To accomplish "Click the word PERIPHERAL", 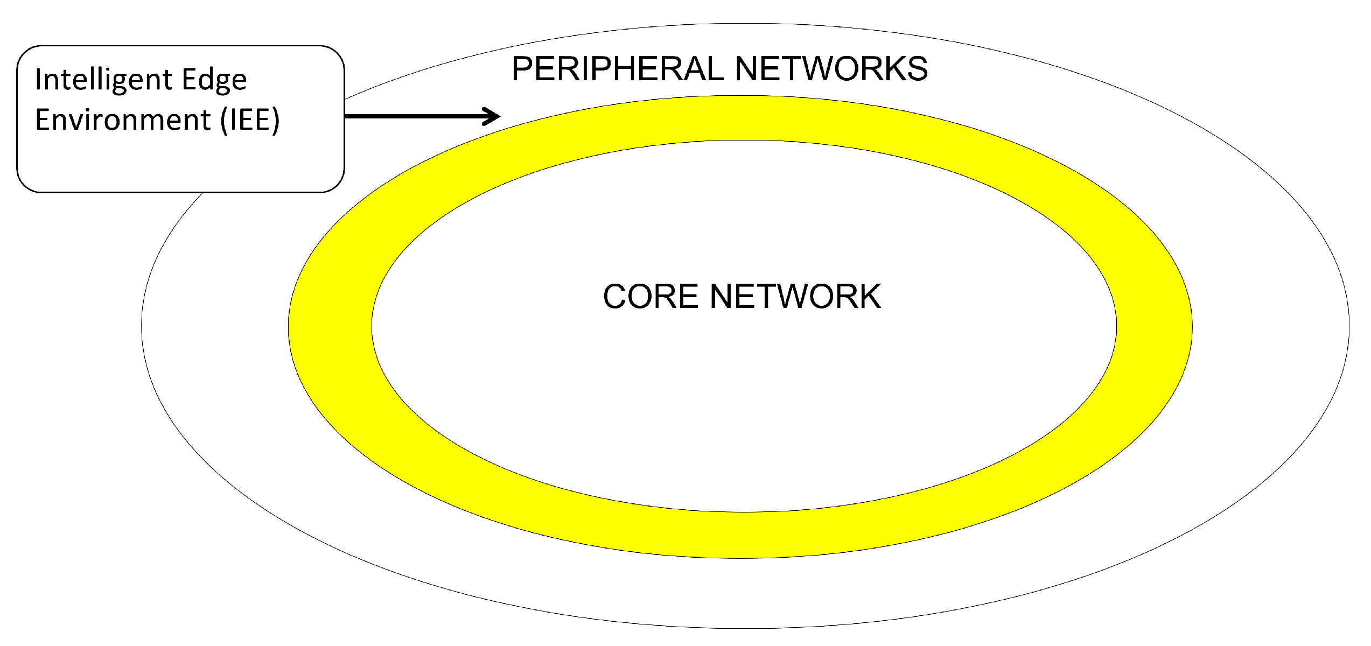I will coord(619,69).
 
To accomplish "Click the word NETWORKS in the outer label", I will coord(831,69).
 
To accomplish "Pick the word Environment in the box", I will coord(123,120).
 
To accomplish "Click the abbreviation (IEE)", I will coord(250,120).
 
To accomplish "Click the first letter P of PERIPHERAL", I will coord(522,69).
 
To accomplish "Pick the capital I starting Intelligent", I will coord(38,79).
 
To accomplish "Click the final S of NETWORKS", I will coord(916,69).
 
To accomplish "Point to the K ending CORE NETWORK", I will coord(869,297).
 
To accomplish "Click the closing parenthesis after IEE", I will coord(276,120).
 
